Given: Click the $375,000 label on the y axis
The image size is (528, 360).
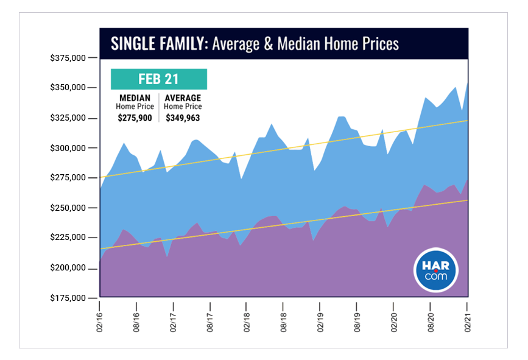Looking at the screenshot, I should (x=68, y=58).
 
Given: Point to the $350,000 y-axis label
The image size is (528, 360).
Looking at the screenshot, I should (x=68, y=88).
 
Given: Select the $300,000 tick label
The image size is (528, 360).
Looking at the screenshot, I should (x=68, y=148).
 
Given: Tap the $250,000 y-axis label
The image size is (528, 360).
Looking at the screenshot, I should (x=68, y=208).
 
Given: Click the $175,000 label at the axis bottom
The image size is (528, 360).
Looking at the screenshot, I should (x=68, y=298).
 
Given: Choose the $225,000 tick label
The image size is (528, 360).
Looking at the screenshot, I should (x=68, y=238).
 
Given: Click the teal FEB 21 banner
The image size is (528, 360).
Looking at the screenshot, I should (x=159, y=79).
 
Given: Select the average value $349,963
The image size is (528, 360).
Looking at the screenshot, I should (x=183, y=118).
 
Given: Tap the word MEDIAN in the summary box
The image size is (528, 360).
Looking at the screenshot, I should (x=135, y=98).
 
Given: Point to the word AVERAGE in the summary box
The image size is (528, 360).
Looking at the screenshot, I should (x=183, y=98).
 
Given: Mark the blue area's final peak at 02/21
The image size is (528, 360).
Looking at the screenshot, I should (x=467, y=83).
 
